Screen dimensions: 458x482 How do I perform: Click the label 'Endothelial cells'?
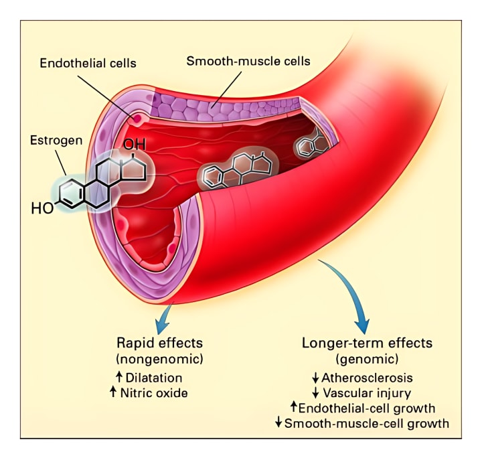pyautogui.click(x=88, y=64)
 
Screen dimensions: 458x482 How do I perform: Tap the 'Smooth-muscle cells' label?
pyautogui.click(x=248, y=61)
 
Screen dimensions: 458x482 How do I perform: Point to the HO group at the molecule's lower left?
pyautogui.click(x=42, y=208)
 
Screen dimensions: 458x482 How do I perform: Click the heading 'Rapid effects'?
pyautogui.click(x=159, y=343)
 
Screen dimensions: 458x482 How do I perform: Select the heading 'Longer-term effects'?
pyautogui.click(x=367, y=343)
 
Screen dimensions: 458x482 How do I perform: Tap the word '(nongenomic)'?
pyautogui.click(x=159, y=360)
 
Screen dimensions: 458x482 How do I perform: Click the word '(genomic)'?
pyautogui.click(x=367, y=360)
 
